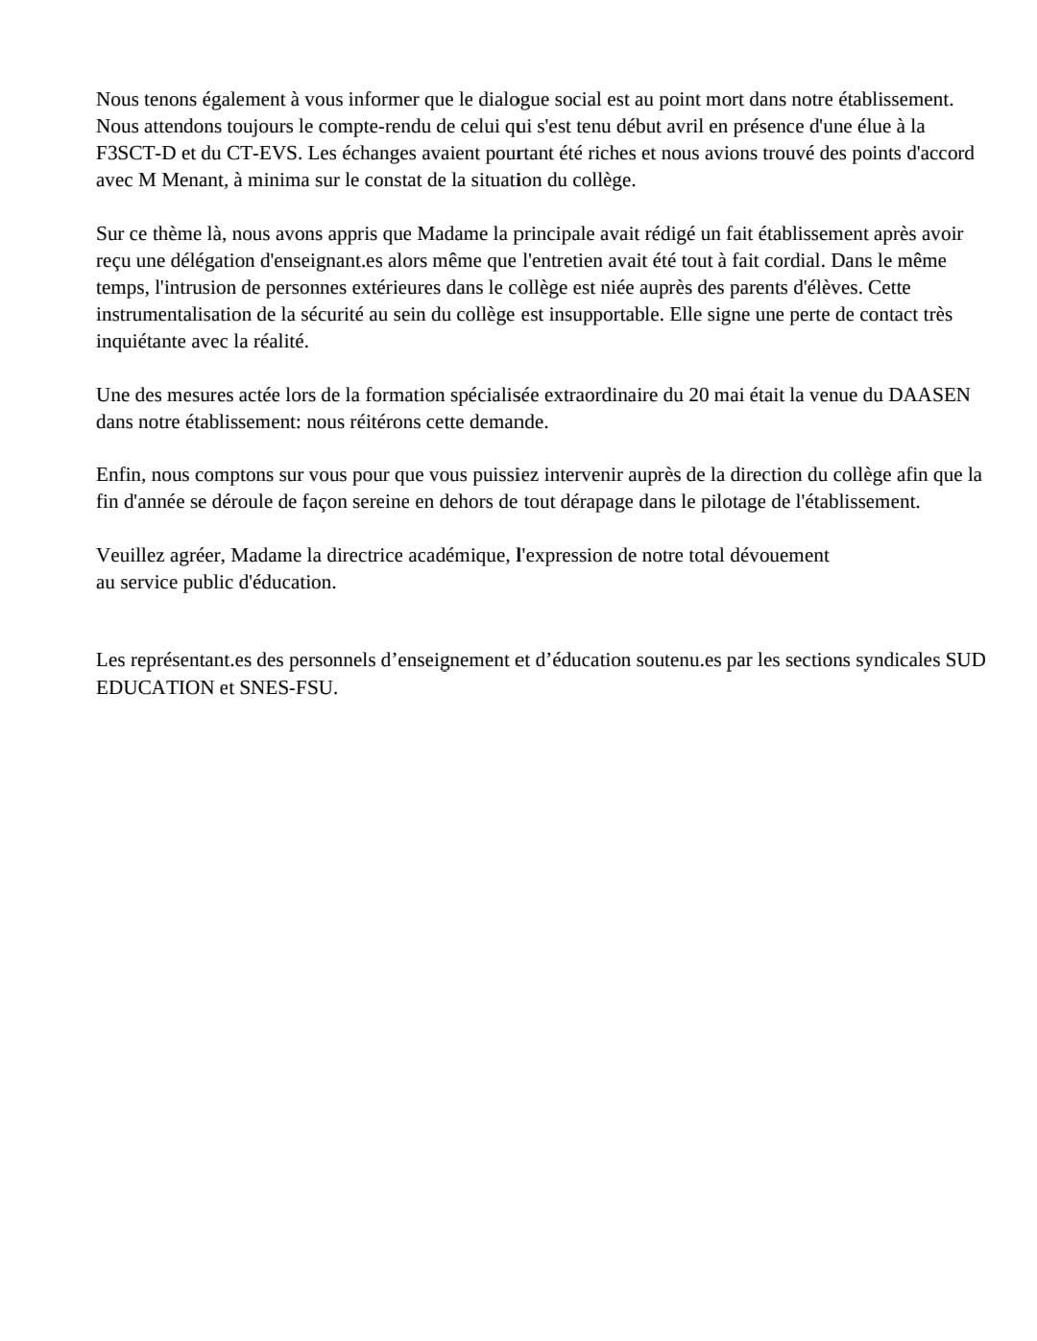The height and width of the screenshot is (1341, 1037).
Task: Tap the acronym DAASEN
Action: (929, 395)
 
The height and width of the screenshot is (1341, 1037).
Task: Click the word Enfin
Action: (119, 475)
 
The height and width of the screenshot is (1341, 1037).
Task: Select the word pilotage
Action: (714, 502)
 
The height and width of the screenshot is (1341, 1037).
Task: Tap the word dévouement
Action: (782, 556)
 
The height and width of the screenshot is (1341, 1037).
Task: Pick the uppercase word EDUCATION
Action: (155, 688)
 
